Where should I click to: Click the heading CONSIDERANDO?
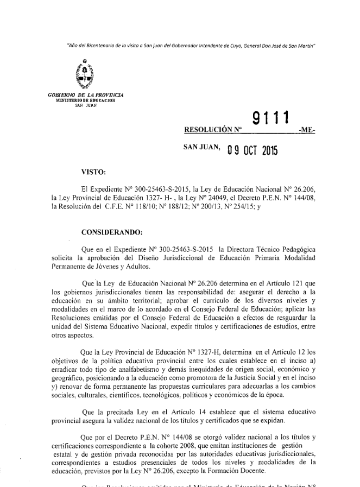pos(111,233)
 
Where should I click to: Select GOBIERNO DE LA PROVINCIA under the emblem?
pos(78,96)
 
